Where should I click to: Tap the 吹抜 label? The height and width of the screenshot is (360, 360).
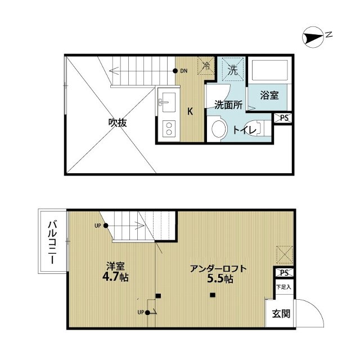coord(117,123)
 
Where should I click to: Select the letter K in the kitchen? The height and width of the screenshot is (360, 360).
coord(190,111)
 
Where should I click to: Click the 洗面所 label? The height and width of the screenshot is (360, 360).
coord(228,104)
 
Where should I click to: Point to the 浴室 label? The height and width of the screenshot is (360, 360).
coord(269,95)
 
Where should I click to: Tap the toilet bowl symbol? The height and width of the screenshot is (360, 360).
coord(217,130)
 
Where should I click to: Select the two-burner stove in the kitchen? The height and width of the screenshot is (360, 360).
coord(168,130)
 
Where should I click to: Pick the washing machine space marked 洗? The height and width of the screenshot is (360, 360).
coord(232,69)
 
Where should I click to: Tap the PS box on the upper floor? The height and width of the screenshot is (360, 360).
coord(284,118)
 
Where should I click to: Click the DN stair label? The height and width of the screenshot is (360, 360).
coord(184,71)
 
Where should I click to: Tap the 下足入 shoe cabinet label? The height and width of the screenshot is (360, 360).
coord(283,287)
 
